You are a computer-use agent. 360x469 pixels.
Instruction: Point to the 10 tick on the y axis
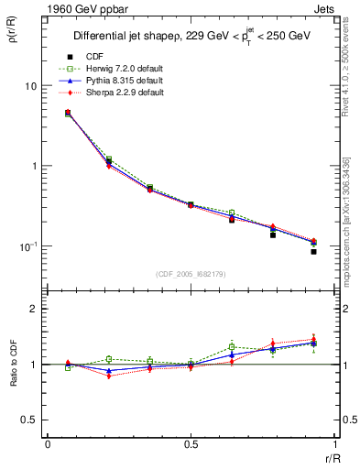(29, 85)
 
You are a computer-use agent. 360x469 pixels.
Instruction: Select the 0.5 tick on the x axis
(191, 443)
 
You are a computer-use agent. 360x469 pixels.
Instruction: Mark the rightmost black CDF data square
(313, 252)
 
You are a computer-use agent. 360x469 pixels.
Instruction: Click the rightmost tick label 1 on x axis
(333, 443)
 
